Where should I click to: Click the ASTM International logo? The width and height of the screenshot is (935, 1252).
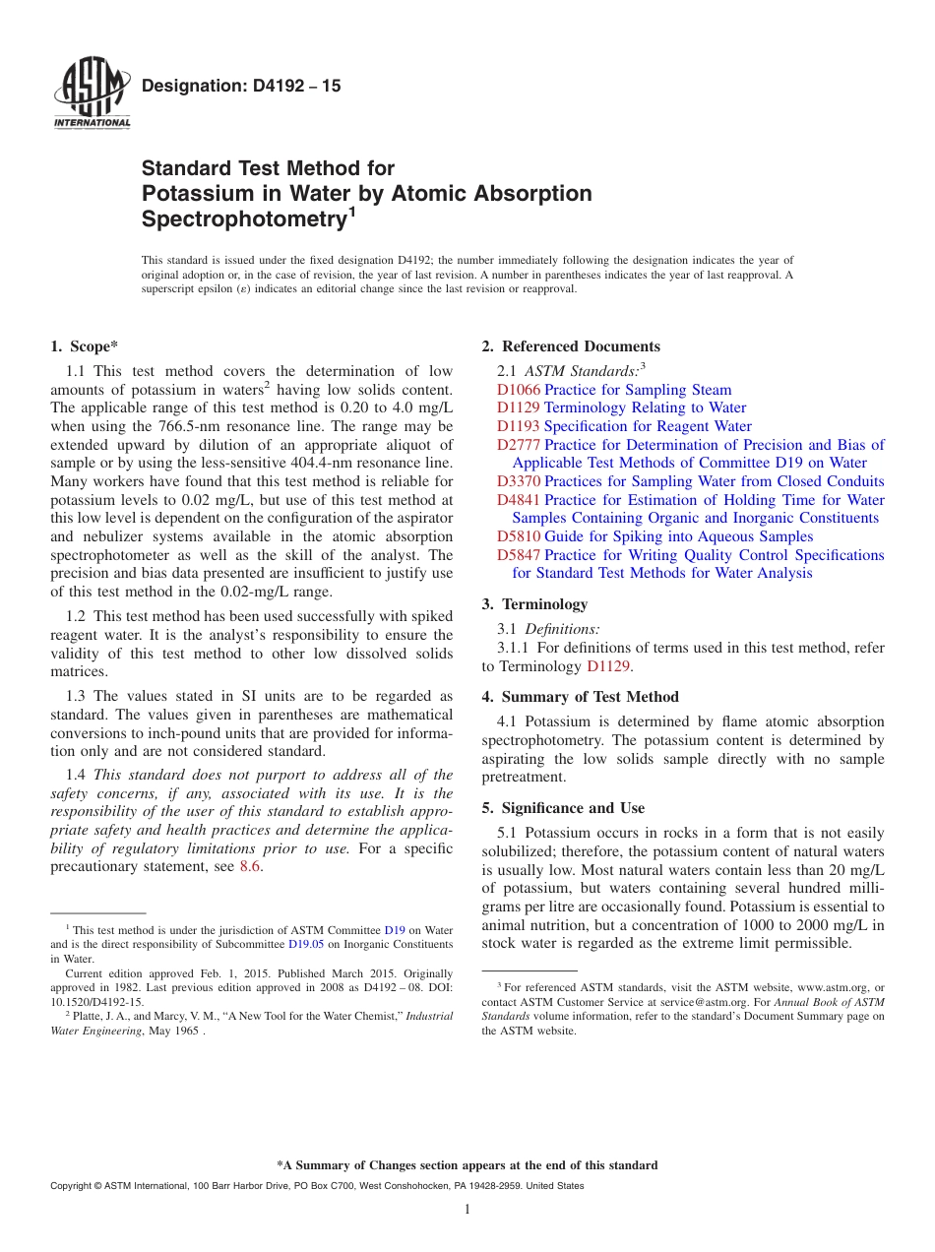92,95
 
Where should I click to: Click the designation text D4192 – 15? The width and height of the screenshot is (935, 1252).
241,87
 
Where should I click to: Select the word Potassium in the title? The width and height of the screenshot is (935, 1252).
193,193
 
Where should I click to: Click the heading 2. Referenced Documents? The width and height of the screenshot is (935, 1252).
571,346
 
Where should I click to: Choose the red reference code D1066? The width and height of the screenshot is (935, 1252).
519,390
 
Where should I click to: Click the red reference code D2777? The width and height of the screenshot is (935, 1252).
519,445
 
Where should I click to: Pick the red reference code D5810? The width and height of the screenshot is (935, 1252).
519,536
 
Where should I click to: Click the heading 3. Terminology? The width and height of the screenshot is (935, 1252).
534,604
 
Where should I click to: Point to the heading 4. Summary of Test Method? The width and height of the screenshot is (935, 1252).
580,697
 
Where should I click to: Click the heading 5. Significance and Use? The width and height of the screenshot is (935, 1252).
563,808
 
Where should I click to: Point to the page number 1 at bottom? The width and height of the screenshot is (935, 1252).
467,1209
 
